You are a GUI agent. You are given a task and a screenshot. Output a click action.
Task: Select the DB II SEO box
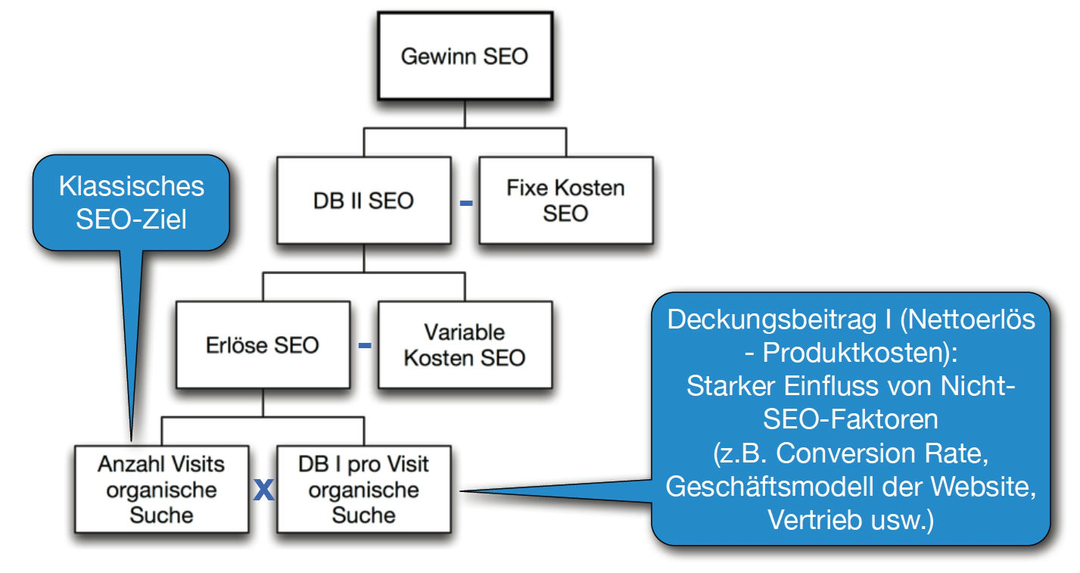(x=363, y=200)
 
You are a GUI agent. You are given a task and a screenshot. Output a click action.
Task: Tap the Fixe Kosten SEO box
(x=565, y=200)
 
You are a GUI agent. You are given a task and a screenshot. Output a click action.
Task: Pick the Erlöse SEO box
(x=263, y=345)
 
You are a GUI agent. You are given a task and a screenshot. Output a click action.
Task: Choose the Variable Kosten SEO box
(x=465, y=345)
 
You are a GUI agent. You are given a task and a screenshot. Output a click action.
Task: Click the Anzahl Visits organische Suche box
(x=161, y=489)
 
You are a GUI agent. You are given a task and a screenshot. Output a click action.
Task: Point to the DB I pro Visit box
(x=363, y=489)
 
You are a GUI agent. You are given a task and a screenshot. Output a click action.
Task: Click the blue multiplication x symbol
(x=263, y=491)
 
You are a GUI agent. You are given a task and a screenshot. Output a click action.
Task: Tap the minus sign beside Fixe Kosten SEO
(x=466, y=203)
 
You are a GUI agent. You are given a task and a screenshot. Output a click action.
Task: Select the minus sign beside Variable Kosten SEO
(x=365, y=346)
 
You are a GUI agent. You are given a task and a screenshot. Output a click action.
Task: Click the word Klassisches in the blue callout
(x=132, y=186)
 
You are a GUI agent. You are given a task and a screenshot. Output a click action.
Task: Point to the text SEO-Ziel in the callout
(x=132, y=221)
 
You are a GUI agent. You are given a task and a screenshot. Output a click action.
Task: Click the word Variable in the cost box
(x=465, y=333)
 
